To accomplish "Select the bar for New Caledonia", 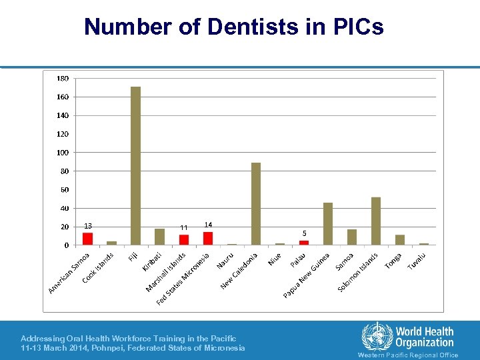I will click(x=256, y=203).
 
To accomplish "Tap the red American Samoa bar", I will click(x=87, y=239).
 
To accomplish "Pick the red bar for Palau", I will click(x=304, y=243).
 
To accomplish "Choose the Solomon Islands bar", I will click(x=376, y=221).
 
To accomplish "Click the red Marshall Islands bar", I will click(x=184, y=239).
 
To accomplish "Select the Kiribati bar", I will click(x=159, y=237).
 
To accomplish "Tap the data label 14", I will click(x=208, y=225).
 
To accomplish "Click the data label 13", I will click(x=87, y=225).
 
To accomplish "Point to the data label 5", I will click(x=304, y=233).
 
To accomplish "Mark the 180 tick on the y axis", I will click(x=62, y=79).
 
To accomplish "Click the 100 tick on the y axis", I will click(x=62, y=153).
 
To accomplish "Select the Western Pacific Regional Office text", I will click(x=408, y=355).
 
